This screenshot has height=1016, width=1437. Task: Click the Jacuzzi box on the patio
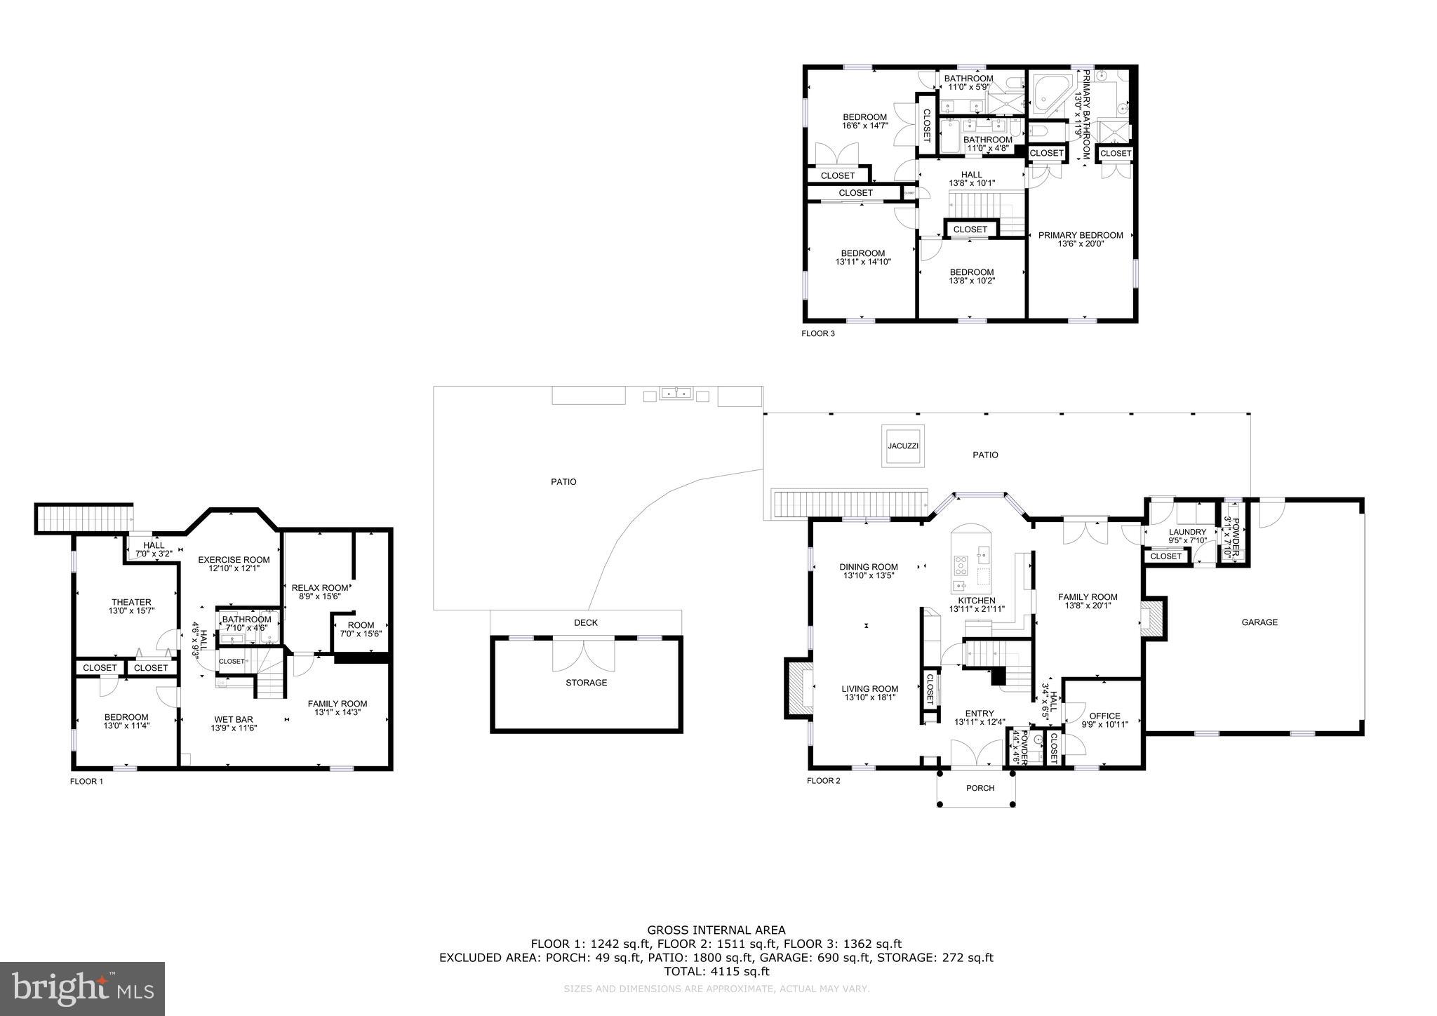(x=902, y=446)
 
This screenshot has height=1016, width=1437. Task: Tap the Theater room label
(x=131, y=602)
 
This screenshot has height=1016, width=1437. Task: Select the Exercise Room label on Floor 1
(x=234, y=559)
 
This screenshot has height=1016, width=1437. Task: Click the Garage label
(x=1259, y=622)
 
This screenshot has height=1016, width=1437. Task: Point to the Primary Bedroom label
(x=1081, y=235)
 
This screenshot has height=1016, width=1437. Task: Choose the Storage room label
(x=587, y=683)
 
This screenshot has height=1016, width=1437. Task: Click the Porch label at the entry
(x=980, y=788)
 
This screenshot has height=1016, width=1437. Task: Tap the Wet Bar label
(x=234, y=719)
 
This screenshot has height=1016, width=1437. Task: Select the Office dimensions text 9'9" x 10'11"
(x=1104, y=725)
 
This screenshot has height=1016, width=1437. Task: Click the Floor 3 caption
(x=818, y=333)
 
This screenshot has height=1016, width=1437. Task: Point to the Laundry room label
(x=1187, y=532)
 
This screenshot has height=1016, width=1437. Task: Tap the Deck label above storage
(x=586, y=622)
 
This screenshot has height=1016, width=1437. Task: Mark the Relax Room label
(x=320, y=587)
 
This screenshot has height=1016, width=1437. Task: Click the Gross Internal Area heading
(x=716, y=930)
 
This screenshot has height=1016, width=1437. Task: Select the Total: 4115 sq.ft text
(x=716, y=971)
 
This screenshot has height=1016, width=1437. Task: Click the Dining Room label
(x=869, y=567)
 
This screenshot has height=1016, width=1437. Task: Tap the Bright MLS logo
(x=82, y=989)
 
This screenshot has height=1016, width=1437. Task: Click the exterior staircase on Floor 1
(x=84, y=519)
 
